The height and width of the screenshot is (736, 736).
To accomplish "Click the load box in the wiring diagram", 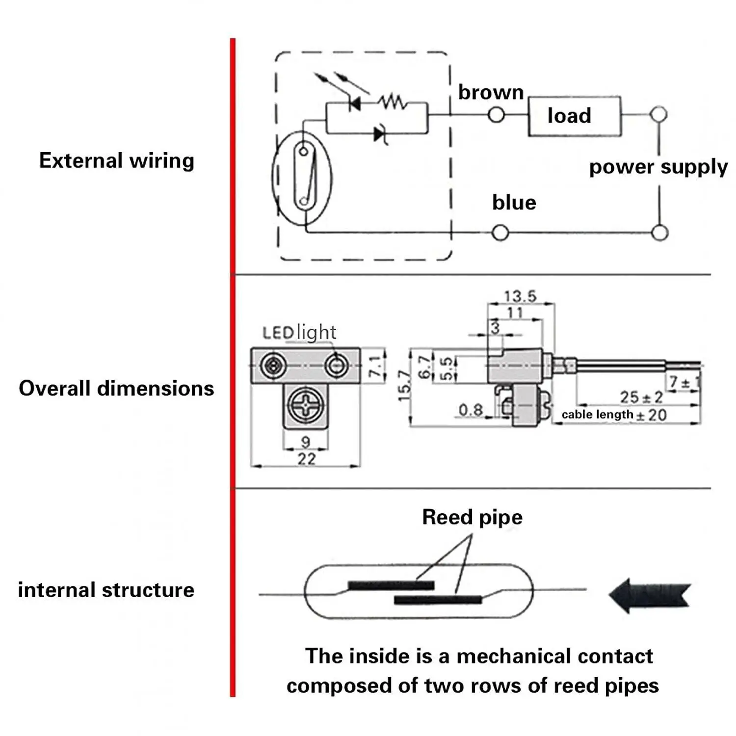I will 574,116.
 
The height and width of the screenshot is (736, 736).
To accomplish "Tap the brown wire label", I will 491,92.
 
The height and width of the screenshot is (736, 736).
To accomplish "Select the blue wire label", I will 514,203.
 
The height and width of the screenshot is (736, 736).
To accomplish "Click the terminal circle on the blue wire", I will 500,233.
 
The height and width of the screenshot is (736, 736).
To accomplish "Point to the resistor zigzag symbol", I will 392,103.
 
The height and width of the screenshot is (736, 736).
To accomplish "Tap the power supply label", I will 658,167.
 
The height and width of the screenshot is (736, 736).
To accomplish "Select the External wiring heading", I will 117,161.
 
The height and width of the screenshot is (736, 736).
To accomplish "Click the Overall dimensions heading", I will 116,388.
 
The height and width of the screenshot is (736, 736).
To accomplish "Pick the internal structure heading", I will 106,590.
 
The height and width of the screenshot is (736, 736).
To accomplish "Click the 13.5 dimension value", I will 520,296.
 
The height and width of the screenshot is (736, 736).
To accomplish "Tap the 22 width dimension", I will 306,459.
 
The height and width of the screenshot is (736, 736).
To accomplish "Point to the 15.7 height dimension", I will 404,386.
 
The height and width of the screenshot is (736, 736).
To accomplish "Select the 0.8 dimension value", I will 470,410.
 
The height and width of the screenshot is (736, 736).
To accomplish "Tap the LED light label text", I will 299,333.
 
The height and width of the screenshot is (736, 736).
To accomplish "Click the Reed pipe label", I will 472,517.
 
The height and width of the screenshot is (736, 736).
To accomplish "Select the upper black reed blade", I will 391,585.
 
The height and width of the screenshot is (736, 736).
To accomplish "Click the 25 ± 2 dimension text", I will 641,397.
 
